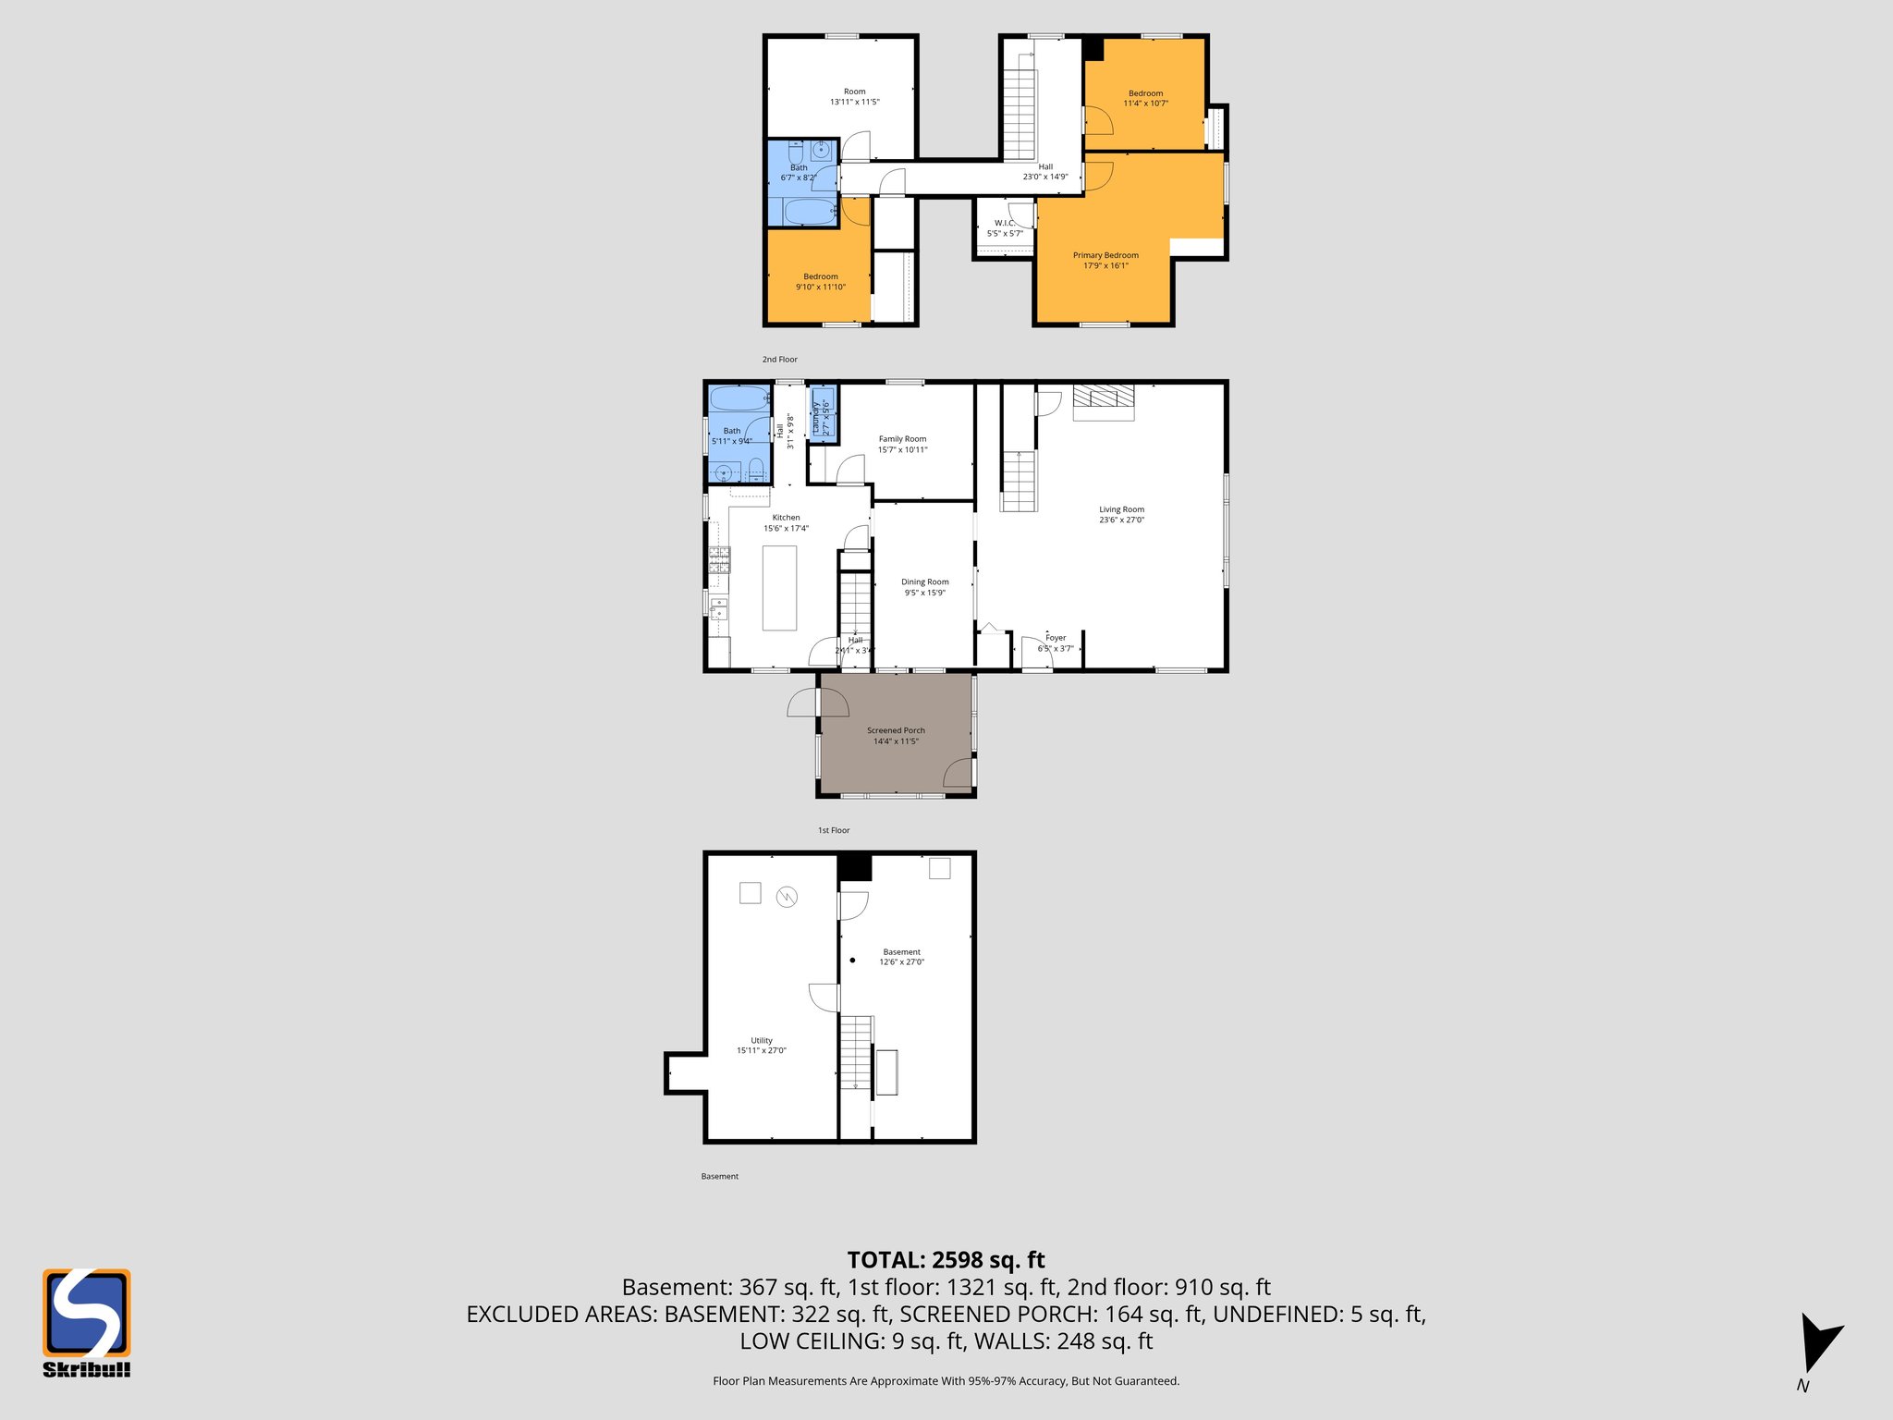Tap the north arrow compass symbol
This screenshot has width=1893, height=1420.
1818,1344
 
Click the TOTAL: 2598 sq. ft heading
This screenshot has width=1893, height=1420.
946,1260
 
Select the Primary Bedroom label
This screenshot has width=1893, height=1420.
1105,255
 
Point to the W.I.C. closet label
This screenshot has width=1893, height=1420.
1005,223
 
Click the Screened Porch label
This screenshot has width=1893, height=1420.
896,730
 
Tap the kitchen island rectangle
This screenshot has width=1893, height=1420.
779,588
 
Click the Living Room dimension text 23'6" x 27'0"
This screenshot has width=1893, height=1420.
1121,520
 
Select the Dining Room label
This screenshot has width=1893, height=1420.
924,582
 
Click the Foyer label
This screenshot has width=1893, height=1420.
1056,638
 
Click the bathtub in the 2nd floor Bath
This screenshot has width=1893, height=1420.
809,212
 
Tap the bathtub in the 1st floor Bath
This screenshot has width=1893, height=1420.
739,398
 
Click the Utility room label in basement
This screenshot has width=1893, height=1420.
761,1040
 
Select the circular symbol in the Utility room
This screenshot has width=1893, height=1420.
787,897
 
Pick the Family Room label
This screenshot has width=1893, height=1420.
902,439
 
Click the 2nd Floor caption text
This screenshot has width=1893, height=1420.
779,360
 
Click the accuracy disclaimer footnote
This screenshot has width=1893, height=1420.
946,1381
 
